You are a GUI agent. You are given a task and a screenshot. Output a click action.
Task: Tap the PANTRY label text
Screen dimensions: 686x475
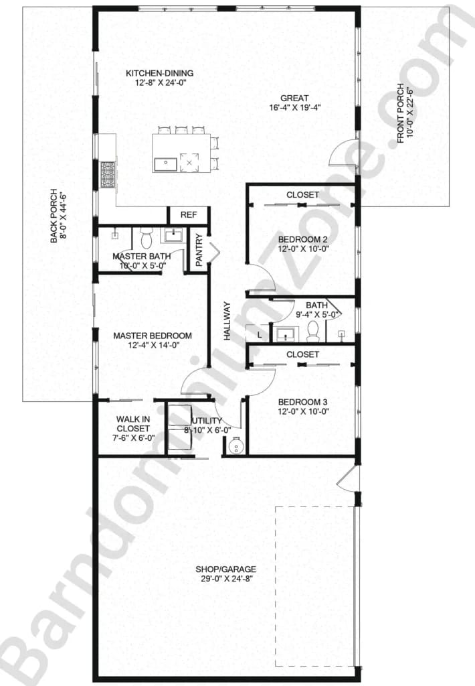tap(199, 248)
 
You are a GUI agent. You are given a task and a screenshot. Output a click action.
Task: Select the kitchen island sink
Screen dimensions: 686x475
tap(164, 162)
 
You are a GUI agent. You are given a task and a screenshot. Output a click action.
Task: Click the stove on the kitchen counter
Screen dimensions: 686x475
tap(108, 174)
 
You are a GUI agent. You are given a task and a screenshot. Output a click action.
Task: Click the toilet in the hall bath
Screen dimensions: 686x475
tap(312, 330)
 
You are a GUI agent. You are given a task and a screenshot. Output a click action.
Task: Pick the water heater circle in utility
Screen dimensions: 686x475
tap(235, 445)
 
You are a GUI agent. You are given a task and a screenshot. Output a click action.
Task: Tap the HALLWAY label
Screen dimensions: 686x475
tap(227, 322)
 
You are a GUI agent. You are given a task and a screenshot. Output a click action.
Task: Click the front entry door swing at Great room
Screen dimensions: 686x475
tap(345, 153)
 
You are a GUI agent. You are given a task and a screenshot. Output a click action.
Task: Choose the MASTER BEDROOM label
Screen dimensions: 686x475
tap(153, 336)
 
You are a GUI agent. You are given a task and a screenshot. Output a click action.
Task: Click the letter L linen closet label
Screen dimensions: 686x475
tap(258, 333)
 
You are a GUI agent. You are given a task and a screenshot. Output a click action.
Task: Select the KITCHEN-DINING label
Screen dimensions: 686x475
tap(160, 74)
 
